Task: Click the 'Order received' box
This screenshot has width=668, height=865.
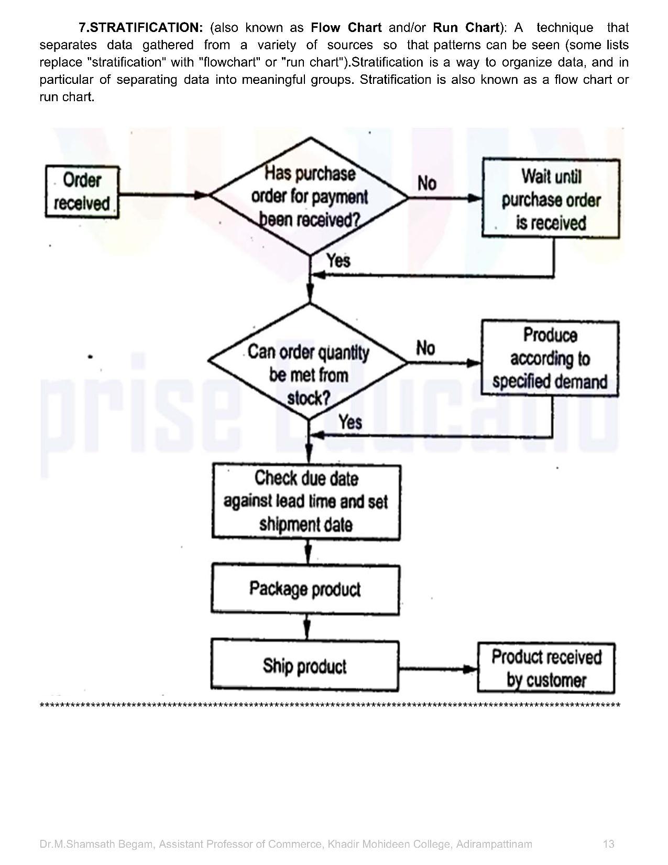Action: click(82, 192)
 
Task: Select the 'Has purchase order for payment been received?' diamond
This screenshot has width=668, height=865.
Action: click(310, 197)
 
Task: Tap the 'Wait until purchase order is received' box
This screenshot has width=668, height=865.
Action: click(551, 199)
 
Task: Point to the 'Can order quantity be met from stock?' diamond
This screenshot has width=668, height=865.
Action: click(308, 362)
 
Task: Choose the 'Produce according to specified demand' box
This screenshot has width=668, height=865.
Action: click(550, 359)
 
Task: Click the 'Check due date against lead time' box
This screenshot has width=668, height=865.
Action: click(306, 502)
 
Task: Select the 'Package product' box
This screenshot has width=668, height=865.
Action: click(305, 589)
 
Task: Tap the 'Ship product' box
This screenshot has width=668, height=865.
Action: click(304, 666)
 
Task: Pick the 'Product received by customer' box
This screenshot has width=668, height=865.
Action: click(546, 668)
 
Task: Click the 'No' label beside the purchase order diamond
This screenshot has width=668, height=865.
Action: click(427, 183)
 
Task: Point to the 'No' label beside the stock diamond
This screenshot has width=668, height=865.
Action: click(425, 348)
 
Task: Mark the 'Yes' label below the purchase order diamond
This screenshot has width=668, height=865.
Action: click(338, 260)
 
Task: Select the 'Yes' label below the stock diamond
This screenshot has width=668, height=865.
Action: click(349, 421)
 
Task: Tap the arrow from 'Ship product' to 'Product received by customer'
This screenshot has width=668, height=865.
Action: click(438, 669)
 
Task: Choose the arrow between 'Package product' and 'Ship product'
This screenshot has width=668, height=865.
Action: click(307, 626)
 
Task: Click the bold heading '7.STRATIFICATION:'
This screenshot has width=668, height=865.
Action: click(140, 27)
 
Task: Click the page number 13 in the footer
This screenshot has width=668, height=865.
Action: click(608, 844)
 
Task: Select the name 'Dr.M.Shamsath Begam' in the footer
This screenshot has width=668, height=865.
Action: click(96, 844)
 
